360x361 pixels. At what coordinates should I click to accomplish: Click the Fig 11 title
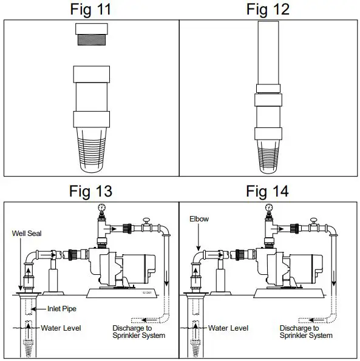pyautogui.click(x=90, y=10)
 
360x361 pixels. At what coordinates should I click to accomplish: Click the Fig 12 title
pyautogui.click(x=268, y=10)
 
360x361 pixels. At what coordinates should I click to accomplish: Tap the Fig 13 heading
pyautogui.click(x=90, y=191)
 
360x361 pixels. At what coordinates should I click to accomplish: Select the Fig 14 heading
pyautogui.click(x=268, y=191)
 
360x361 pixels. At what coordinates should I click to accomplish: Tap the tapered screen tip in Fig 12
pyautogui.click(x=268, y=155)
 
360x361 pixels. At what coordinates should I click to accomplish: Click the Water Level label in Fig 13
pyautogui.click(x=61, y=328)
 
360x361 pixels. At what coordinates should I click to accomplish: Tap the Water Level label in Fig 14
pyautogui.click(x=229, y=328)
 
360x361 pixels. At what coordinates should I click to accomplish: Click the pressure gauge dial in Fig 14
pyautogui.click(x=268, y=208)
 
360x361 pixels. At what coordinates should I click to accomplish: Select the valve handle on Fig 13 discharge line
pyautogui.click(x=146, y=220)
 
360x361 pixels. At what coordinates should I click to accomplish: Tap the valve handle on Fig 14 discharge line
pyautogui.click(x=314, y=220)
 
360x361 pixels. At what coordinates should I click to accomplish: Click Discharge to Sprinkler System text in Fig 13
pyautogui.click(x=138, y=332)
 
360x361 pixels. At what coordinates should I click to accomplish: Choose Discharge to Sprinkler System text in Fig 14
pyautogui.click(x=306, y=332)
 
